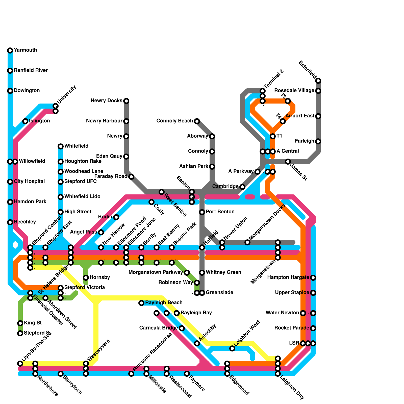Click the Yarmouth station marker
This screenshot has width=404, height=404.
[x=10, y=50]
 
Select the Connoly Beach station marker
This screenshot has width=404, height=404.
[x=197, y=121]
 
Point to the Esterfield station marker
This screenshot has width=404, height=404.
[x=318, y=81]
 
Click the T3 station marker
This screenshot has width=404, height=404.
[x=288, y=101]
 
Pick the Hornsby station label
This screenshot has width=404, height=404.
[x=100, y=277]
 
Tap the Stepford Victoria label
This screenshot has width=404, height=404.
[x=85, y=288]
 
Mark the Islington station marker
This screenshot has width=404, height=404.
[x=25, y=121]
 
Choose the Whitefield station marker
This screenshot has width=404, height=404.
[x=61, y=146]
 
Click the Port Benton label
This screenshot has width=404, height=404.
[x=220, y=212]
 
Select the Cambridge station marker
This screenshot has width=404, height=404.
[x=242, y=187]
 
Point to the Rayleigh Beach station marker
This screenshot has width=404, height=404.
[x=141, y=303]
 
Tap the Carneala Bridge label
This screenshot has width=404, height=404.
[x=159, y=328]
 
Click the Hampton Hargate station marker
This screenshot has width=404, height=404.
[x=313, y=278]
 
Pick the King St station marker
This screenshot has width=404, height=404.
[x=20, y=323]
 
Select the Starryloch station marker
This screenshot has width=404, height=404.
[x=61, y=374]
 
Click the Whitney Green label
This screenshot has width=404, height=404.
[x=223, y=272]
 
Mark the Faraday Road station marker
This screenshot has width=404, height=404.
[x=131, y=177]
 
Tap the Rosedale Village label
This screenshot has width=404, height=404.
[x=294, y=91]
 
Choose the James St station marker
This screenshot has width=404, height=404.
[x=288, y=162]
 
